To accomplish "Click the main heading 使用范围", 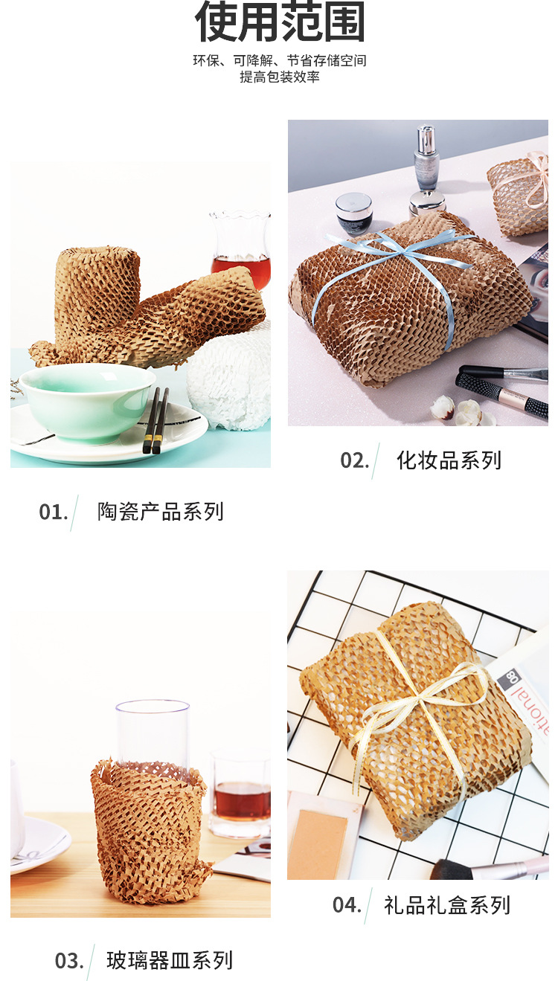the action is pos(280,22).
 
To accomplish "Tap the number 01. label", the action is pos(54,512).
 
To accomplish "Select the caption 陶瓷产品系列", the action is pos(160,512).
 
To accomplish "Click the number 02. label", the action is pos(355,460).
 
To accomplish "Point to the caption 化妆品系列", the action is pos(449,460).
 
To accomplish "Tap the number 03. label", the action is pos(69,961).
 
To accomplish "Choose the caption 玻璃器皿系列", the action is pos(169,960).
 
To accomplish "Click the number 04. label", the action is pos(347,905).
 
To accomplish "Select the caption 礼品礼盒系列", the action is pos(447,905).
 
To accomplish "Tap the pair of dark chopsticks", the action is pos(156,420).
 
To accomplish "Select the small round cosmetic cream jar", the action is pos(354,213).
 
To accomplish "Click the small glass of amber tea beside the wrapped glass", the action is pos(241,794).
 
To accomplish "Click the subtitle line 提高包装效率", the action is pos(280,77).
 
